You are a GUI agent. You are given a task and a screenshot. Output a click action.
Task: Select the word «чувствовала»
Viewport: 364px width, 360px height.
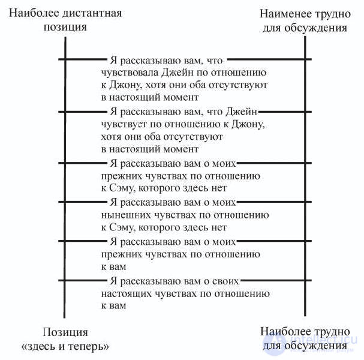130,73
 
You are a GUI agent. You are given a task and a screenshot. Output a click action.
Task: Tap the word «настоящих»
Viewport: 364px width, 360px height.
127,294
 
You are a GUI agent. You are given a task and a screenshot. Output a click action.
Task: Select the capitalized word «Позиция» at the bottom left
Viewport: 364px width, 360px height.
65,332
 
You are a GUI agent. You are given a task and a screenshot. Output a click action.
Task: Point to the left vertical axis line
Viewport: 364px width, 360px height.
65,177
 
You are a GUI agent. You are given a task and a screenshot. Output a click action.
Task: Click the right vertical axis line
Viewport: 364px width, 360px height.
305,176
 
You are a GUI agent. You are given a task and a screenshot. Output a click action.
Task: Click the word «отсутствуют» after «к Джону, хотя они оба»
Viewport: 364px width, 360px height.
238,85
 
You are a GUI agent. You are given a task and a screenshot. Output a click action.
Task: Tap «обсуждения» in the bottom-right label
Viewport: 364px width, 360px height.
315,346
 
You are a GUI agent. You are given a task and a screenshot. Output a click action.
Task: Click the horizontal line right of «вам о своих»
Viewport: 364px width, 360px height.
276,281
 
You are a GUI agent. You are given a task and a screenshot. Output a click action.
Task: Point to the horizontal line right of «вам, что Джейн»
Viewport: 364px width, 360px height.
285,112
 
